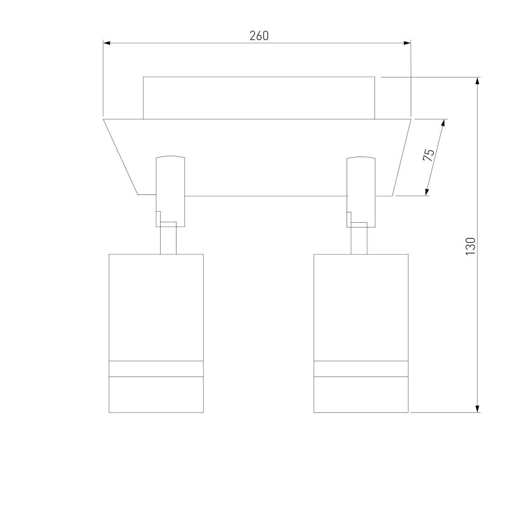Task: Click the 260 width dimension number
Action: (259, 36)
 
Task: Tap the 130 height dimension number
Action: (470, 246)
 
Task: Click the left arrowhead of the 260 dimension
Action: (106, 43)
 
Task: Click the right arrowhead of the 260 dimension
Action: (407, 43)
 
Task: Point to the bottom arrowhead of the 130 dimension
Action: (477, 409)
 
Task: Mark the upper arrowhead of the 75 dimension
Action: (443, 123)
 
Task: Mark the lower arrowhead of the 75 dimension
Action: (427, 192)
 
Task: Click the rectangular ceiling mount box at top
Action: (259, 98)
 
